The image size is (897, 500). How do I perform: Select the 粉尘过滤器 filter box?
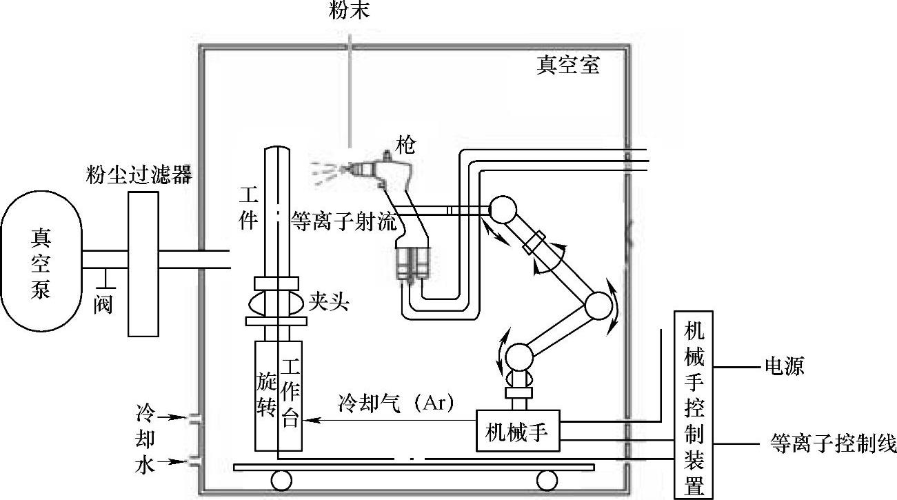coord(143,261)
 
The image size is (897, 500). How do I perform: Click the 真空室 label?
coord(568,66)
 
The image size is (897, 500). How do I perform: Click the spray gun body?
coord(386,169)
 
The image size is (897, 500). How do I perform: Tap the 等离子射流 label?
coord(344,221)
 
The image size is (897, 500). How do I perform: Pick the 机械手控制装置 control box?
coord(694,403)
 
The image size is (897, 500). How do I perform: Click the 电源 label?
coord(784,366)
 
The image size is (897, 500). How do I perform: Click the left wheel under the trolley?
coord(280,479)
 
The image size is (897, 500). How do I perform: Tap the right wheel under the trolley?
coord(547,479)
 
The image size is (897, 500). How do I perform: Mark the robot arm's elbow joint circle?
coord(598,306)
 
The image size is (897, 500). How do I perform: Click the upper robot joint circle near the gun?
coord(502,210)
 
